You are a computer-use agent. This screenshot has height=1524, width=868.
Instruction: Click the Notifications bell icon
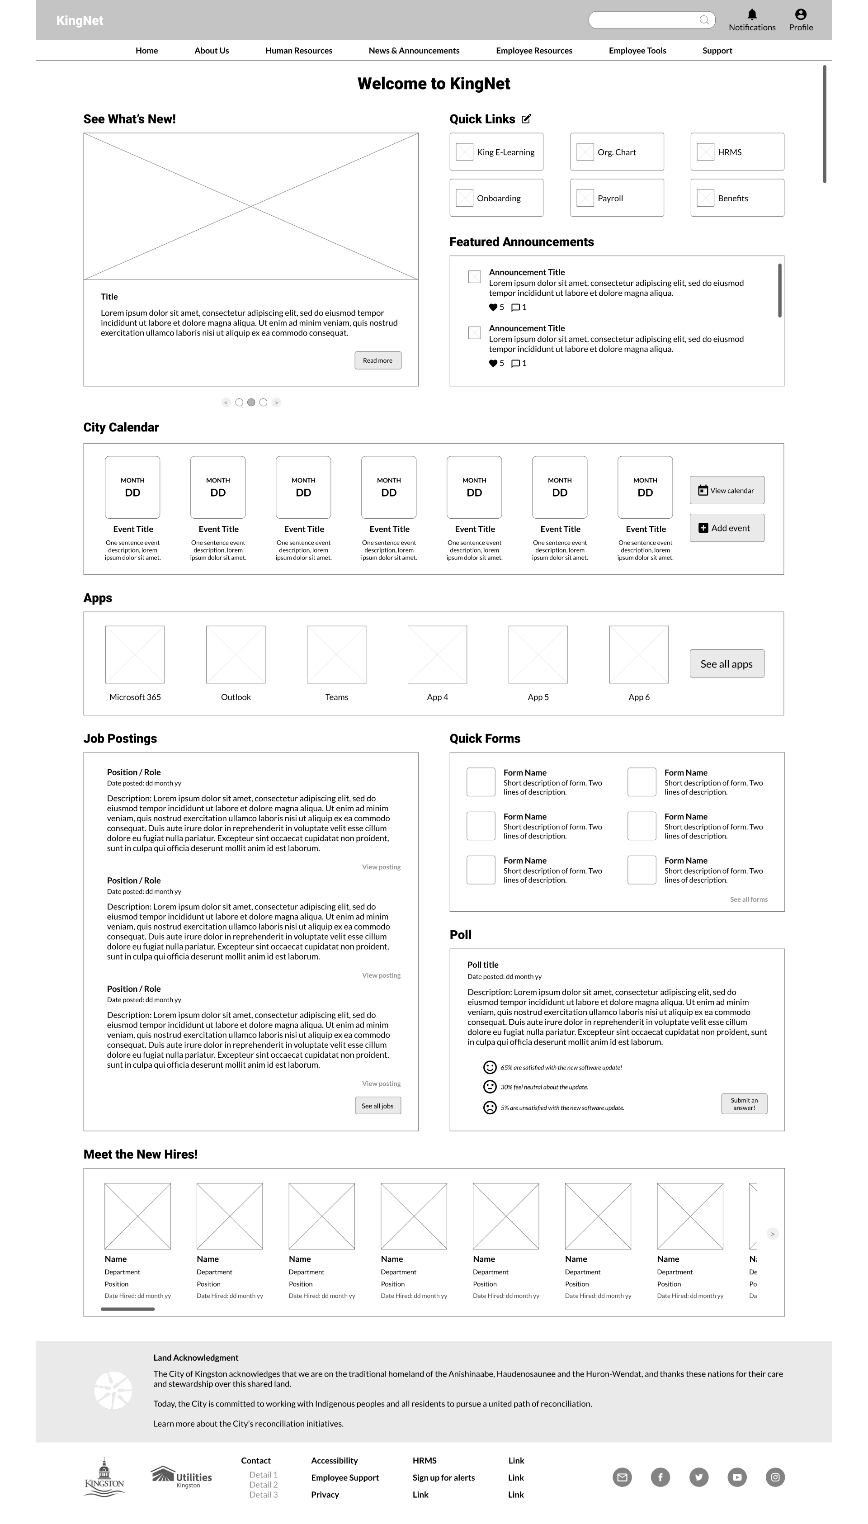click(752, 14)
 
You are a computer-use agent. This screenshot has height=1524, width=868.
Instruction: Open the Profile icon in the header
click(801, 14)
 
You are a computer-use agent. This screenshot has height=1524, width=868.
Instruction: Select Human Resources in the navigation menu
click(299, 51)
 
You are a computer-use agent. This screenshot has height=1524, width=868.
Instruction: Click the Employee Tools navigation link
click(637, 51)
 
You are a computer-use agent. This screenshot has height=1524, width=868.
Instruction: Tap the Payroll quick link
click(617, 198)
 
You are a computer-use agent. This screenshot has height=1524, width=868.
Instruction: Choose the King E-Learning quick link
click(496, 152)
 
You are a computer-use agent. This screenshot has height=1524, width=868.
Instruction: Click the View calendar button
click(726, 490)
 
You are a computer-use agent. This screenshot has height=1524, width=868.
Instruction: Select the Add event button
click(726, 528)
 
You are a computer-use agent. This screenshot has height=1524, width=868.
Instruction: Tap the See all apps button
click(726, 663)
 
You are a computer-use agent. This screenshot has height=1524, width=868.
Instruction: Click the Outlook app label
click(236, 697)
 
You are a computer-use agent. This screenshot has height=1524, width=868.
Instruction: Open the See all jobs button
click(377, 1105)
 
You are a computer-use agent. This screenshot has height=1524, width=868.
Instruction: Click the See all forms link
click(749, 899)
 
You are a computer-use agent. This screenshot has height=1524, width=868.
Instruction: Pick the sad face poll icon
click(490, 1107)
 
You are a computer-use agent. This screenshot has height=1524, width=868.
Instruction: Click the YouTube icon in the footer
click(737, 1477)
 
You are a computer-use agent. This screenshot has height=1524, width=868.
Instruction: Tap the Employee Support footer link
click(344, 1477)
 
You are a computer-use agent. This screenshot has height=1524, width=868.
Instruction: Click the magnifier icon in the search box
click(704, 20)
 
